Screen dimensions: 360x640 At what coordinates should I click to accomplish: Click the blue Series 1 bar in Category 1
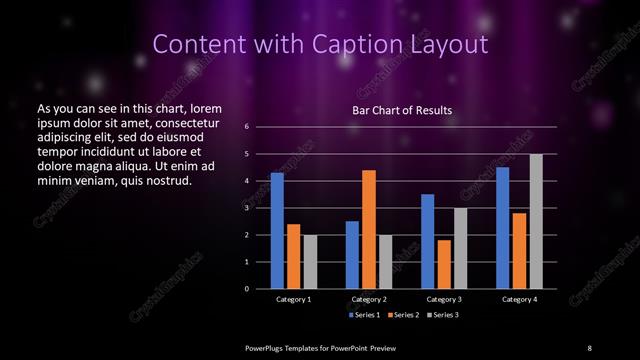[x=277, y=230]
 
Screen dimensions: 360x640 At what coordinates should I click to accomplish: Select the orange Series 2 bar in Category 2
[x=369, y=229]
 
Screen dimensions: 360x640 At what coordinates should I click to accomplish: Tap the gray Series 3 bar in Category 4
[x=536, y=221]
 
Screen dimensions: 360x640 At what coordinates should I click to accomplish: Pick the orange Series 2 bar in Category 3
[x=444, y=264]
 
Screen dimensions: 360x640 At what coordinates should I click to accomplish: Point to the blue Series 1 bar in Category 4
[x=502, y=227]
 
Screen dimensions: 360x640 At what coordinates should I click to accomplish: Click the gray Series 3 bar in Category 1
[x=309, y=261]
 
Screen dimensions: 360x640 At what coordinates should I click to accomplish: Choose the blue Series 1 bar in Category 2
[x=352, y=254]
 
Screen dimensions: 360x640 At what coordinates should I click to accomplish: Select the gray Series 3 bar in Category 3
[x=460, y=248]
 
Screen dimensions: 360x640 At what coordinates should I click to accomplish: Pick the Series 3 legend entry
[x=443, y=315]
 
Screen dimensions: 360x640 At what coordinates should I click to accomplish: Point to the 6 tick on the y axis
[x=246, y=127]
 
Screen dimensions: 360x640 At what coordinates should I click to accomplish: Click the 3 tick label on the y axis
[x=246, y=208]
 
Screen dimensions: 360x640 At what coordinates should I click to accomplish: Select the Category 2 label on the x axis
[x=369, y=299]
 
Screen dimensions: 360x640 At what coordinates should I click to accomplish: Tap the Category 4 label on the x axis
[x=519, y=299]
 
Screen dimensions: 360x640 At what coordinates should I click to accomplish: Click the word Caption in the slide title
[x=367, y=44]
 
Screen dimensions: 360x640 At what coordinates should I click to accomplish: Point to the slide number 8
[x=590, y=346]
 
